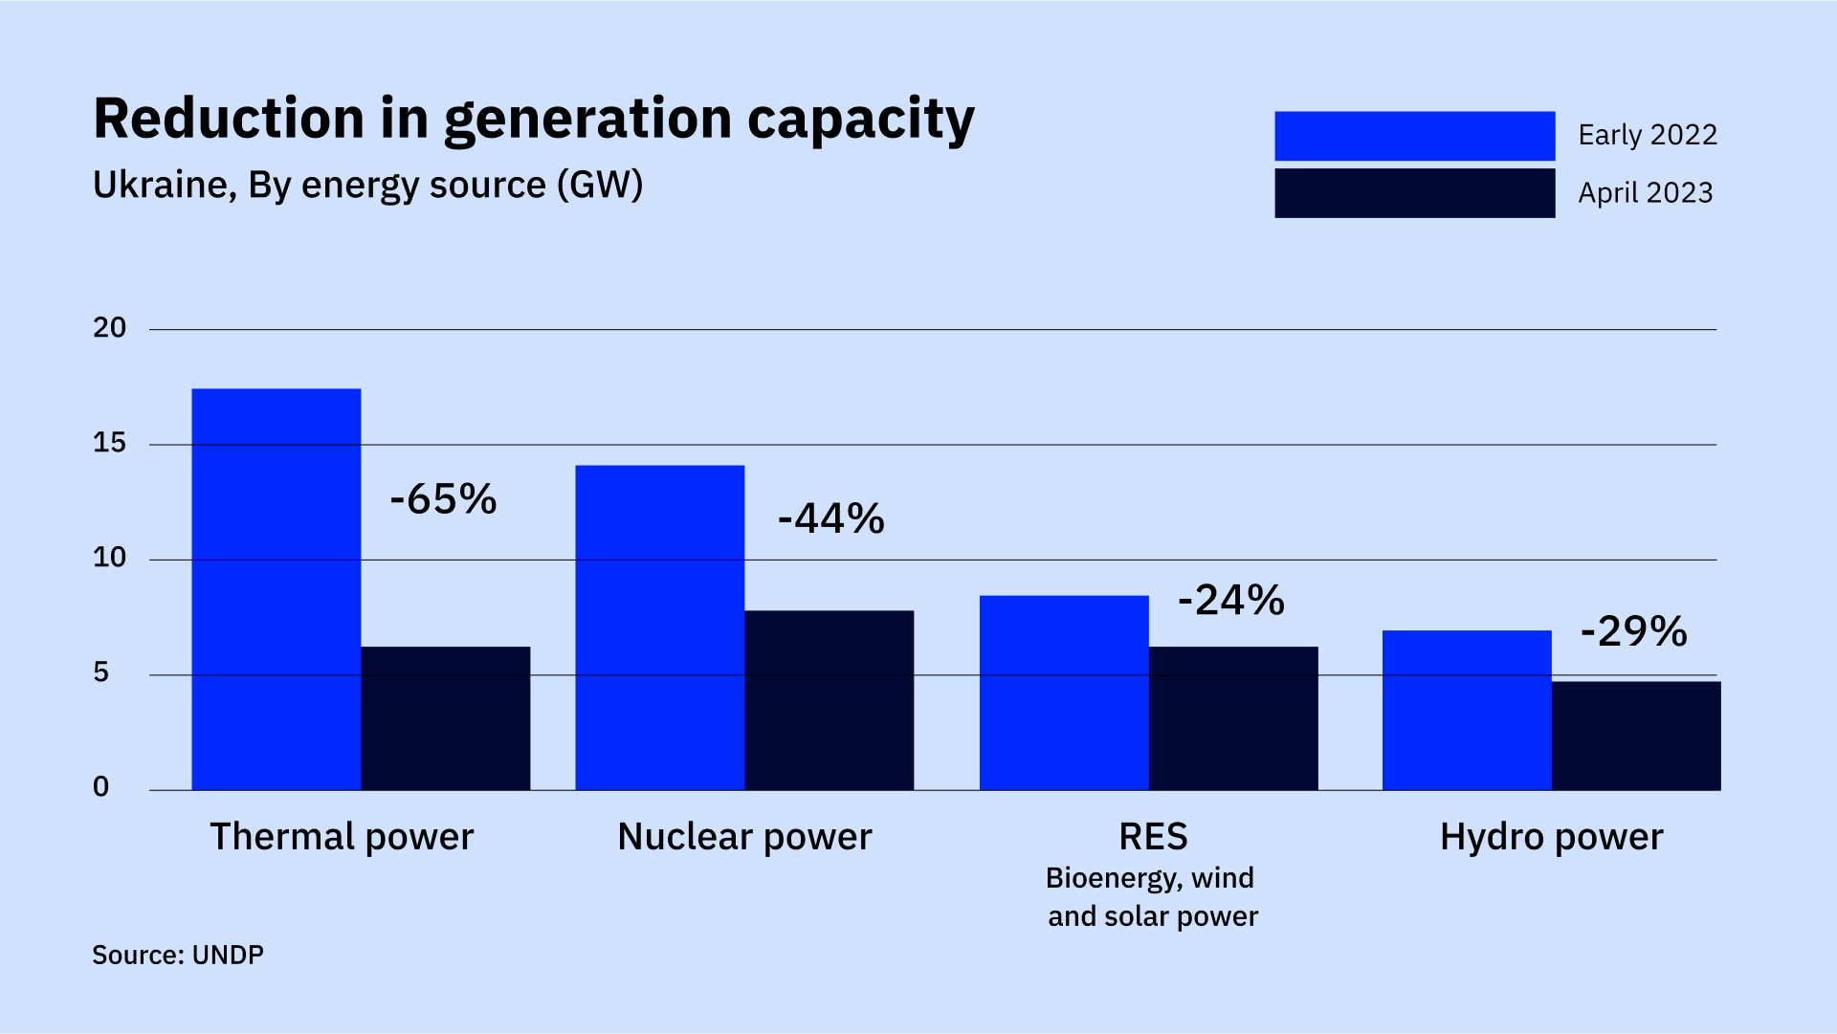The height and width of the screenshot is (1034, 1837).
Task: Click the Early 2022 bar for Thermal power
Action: pos(276,588)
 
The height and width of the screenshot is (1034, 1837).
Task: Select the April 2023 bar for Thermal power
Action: pos(445,717)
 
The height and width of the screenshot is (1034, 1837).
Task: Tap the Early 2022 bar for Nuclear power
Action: pos(659,627)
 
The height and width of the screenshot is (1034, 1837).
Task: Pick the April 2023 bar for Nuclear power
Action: pos(829,699)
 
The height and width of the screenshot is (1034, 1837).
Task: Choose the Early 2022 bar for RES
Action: pos(1063,692)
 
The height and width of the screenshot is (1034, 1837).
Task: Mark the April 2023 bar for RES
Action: pos(1232,717)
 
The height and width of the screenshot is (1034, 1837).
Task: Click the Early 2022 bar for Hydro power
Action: pos(1466,709)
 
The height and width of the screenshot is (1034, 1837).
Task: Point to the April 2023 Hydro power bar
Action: pos(1635,735)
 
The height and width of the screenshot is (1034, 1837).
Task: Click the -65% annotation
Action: pos(443,499)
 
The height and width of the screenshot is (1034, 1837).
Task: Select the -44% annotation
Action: pos(830,519)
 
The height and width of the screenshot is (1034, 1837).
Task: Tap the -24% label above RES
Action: pos(1230,601)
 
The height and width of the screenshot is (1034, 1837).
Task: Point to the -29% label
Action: pos(1633,631)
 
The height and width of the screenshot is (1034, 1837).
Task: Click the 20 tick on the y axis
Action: pos(109,328)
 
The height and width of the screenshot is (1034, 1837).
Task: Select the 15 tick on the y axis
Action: pos(109,443)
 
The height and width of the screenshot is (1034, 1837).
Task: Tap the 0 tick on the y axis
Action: pos(100,787)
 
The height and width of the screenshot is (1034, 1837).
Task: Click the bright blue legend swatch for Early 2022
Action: pos(1413,136)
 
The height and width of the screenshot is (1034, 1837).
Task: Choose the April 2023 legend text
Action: pos(1645,193)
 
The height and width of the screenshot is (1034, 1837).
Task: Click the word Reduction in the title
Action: pos(228,119)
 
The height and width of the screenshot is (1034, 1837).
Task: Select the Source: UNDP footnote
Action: pos(178,955)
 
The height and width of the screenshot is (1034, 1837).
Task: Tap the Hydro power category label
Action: pos(1551,837)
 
